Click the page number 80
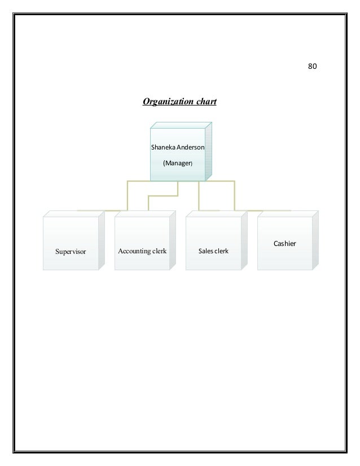312,66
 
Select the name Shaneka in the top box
161,147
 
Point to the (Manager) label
178,164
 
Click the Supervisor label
71,251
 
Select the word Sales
205,250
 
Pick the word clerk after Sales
221,250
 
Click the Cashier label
284,243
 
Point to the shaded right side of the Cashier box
315,240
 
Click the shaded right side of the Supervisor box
102,240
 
